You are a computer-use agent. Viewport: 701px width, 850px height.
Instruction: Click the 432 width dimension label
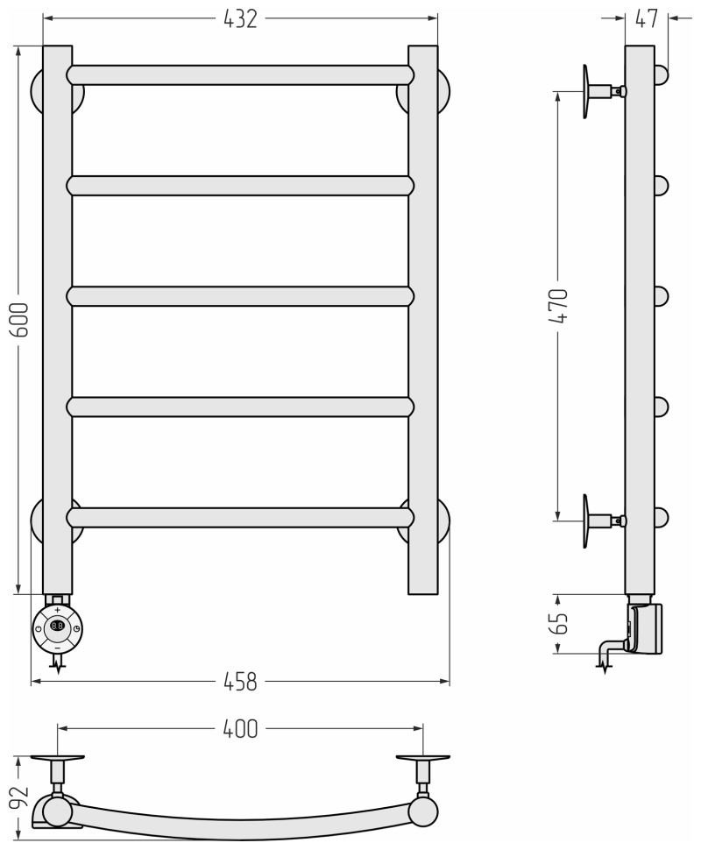pyautogui.click(x=240, y=19)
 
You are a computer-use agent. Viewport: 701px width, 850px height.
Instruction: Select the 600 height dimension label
pyautogui.click(x=20, y=320)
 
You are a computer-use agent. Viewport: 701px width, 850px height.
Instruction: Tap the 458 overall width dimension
pyautogui.click(x=240, y=682)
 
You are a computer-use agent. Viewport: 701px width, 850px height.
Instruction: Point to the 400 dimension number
pyautogui.click(x=240, y=729)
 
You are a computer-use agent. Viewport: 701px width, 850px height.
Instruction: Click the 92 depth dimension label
pyautogui.click(x=20, y=797)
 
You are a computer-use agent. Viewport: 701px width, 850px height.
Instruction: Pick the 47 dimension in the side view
pyautogui.click(x=647, y=19)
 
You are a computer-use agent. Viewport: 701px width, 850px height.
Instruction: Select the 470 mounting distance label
pyautogui.click(x=558, y=307)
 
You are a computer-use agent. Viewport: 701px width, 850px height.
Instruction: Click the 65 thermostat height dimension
pyautogui.click(x=558, y=623)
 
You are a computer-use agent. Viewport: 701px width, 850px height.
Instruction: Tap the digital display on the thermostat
pyautogui.click(x=58, y=626)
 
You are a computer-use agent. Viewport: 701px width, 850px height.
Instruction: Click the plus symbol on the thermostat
pyautogui.click(x=58, y=611)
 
